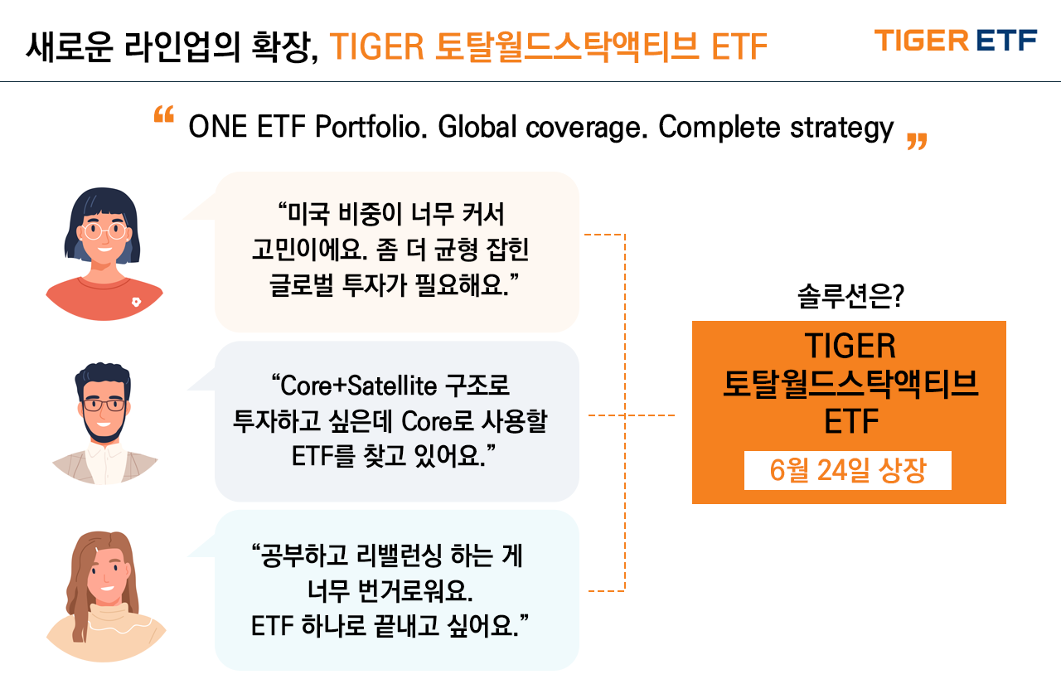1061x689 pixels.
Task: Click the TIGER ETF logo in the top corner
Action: pos(956,41)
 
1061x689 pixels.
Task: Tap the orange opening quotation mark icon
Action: pos(164,114)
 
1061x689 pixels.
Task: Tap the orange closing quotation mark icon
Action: pos(917,141)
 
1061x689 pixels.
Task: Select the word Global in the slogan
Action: pos(477,127)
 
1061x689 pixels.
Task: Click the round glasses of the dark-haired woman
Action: pos(104,231)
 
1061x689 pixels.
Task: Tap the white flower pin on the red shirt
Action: pos(136,302)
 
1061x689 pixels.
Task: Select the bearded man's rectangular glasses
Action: pos(104,405)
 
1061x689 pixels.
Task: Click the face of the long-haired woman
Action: pos(107,575)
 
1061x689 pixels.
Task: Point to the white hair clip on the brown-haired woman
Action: pos(97,551)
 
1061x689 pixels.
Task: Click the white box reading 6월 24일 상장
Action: pos(847,470)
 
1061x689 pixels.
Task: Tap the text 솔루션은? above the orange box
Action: pos(850,297)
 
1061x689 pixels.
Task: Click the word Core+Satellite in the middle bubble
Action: pos(353,386)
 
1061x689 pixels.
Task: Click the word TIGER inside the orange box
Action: pos(850,346)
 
